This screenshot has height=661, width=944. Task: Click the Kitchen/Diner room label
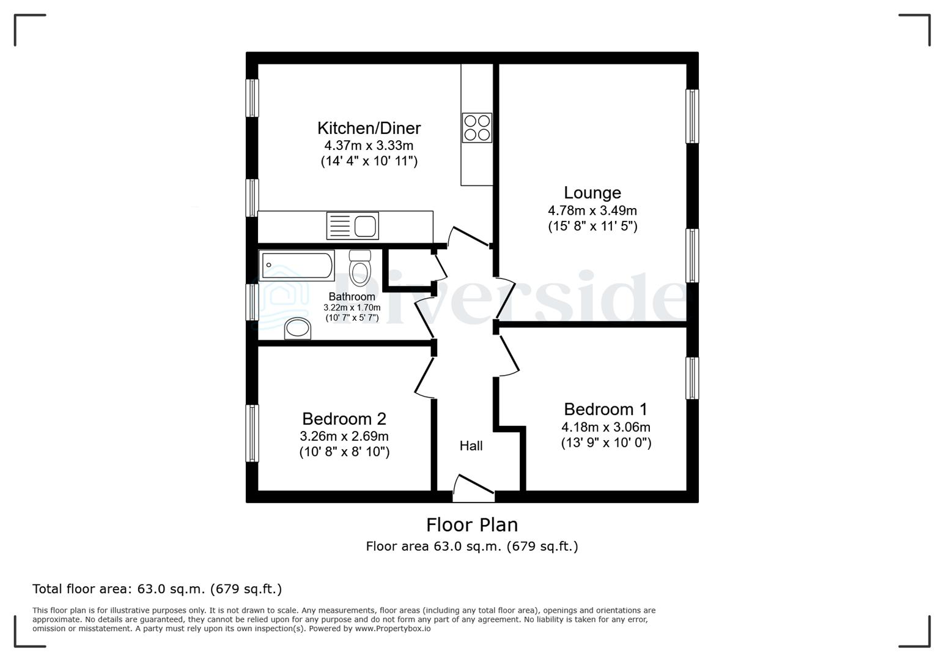pyautogui.click(x=369, y=128)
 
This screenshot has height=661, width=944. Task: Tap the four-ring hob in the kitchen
pyautogui.click(x=477, y=128)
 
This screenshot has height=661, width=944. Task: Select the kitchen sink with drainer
pyautogui.click(x=353, y=225)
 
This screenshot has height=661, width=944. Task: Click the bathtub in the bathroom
pyautogui.click(x=297, y=266)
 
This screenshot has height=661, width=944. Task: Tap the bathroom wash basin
pyautogui.click(x=298, y=329)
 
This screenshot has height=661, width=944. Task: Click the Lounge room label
pyautogui.click(x=592, y=193)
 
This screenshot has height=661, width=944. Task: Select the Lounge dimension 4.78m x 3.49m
pyautogui.click(x=592, y=211)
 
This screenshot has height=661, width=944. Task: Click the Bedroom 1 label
pyautogui.click(x=605, y=409)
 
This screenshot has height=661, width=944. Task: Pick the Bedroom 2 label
pyautogui.click(x=344, y=419)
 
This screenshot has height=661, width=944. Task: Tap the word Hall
pyautogui.click(x=471, y=446)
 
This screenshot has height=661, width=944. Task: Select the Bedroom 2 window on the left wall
pyautogui.click(x=252, y=433)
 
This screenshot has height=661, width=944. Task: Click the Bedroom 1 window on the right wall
pyautogui.click(x=692, y=378)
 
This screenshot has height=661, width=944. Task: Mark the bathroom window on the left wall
pyautogui.click(x=252, y=302)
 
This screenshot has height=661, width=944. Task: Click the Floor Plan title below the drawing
pyautogui.click(x=471, y=525)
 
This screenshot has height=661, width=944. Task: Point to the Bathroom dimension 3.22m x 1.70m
pyautogui.click(x=352, y=308)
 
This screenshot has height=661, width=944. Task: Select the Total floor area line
pyautogui.click(x=157, y=589)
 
